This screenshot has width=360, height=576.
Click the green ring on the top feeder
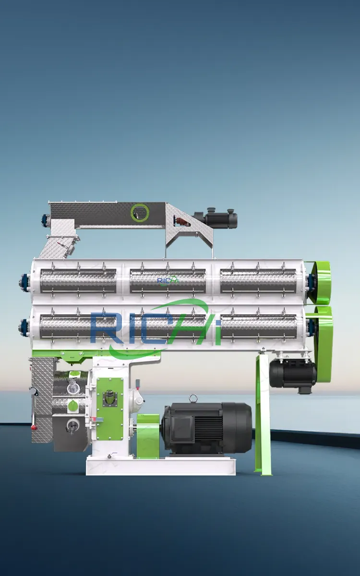[140, 212]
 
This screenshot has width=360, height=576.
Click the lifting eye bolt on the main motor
[193, 398]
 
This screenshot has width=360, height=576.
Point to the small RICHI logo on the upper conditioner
[168, 280]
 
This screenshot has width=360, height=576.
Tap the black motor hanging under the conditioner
[292, 373]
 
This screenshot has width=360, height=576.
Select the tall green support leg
[263, 413]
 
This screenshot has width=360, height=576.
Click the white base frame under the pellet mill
[161, 466]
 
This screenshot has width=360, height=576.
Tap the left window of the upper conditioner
[78, 280]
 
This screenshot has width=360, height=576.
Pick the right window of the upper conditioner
[258, 280]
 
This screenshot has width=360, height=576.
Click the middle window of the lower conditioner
[168, 326]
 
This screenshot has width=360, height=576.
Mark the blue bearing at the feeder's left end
[45, 220]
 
